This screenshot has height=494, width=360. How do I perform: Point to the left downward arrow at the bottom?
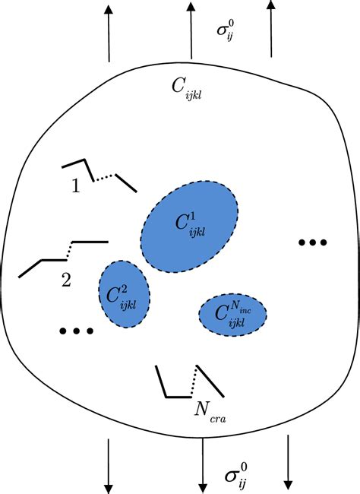tap(109, 464)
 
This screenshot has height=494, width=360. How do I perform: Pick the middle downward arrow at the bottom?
tap(202, 464)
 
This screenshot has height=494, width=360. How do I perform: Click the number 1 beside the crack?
tap(75, 186)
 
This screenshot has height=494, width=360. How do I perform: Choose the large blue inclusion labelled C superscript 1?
tap(190, 226)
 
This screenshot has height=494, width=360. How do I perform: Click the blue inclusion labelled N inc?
tap(233, 313)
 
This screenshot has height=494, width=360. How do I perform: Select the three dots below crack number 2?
tap(76, 331)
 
